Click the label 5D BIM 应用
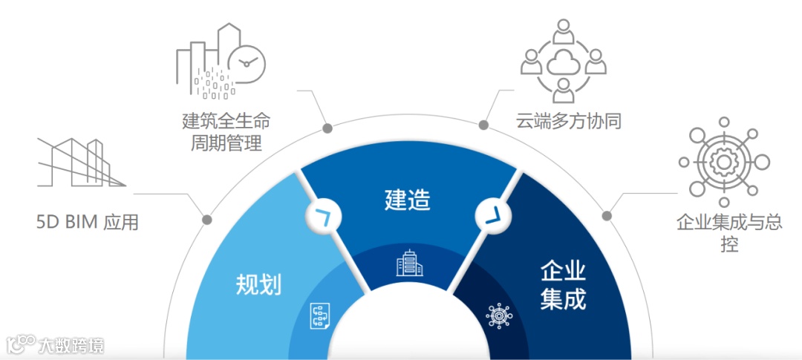(88, 222)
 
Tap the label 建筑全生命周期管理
(222, 131)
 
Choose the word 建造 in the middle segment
(408, 199)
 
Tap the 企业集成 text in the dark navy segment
(563, 285)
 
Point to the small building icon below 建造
(408, 263)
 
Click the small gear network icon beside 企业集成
(498, 315)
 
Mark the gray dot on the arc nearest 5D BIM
(207, 220)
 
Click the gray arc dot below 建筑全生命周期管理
(327, 128)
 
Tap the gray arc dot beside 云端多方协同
(484, 125)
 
